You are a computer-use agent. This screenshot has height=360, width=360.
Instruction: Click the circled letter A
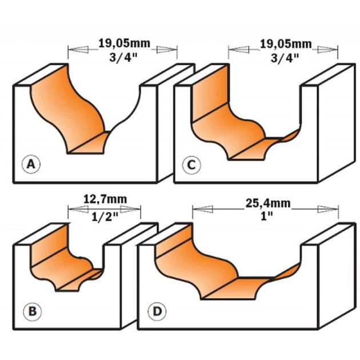(31, 165)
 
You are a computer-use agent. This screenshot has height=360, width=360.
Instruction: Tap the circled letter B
(33, 311)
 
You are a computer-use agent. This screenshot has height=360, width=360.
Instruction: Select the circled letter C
(191, 165)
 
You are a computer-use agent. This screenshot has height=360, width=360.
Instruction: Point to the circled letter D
(157, 311)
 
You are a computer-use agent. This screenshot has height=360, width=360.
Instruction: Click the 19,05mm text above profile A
(124, 43)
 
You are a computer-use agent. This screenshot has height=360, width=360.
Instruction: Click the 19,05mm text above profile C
(286, 44)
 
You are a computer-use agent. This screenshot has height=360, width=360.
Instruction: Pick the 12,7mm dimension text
(105, 199)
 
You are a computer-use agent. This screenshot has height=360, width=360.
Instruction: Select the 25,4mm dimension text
(268, 203)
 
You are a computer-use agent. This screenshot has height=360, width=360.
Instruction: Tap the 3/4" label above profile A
(123, 57)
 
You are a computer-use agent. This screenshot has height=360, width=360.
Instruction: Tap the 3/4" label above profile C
(285, 58)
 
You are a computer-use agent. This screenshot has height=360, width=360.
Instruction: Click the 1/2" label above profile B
(105, 216)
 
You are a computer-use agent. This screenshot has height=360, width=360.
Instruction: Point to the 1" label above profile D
(267, 216)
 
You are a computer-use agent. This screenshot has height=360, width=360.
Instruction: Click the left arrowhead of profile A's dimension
(78, 49)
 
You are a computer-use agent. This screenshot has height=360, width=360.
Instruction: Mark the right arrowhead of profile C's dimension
(327, 50)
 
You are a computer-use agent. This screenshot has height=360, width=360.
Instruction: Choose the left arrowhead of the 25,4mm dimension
(203, 209)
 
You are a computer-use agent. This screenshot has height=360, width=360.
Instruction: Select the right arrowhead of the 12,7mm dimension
(130, 209)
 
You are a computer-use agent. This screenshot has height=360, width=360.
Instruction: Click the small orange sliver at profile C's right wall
(290, 136)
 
